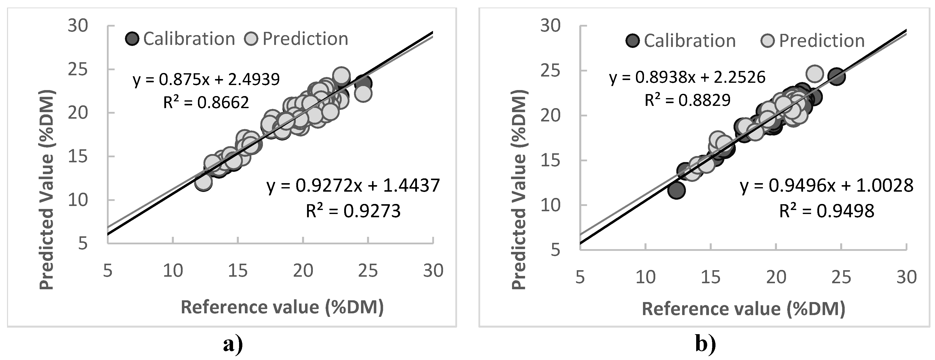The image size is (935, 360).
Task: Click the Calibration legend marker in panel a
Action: pos(132,38)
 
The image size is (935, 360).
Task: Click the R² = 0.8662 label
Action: pos(206,103)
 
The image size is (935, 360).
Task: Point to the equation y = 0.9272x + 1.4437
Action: pos(353,186)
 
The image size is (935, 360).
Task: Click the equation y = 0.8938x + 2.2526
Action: pos(687,77)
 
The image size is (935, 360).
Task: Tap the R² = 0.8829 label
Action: pos(687,100)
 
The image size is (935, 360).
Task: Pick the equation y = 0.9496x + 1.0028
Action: pos(826,186)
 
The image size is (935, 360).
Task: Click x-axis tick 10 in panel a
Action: pos(173,271)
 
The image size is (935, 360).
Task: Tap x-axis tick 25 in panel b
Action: pos(841,277)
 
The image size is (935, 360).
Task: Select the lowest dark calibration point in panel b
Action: pos(676,190)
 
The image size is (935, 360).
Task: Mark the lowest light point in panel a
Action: pos(203,182)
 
